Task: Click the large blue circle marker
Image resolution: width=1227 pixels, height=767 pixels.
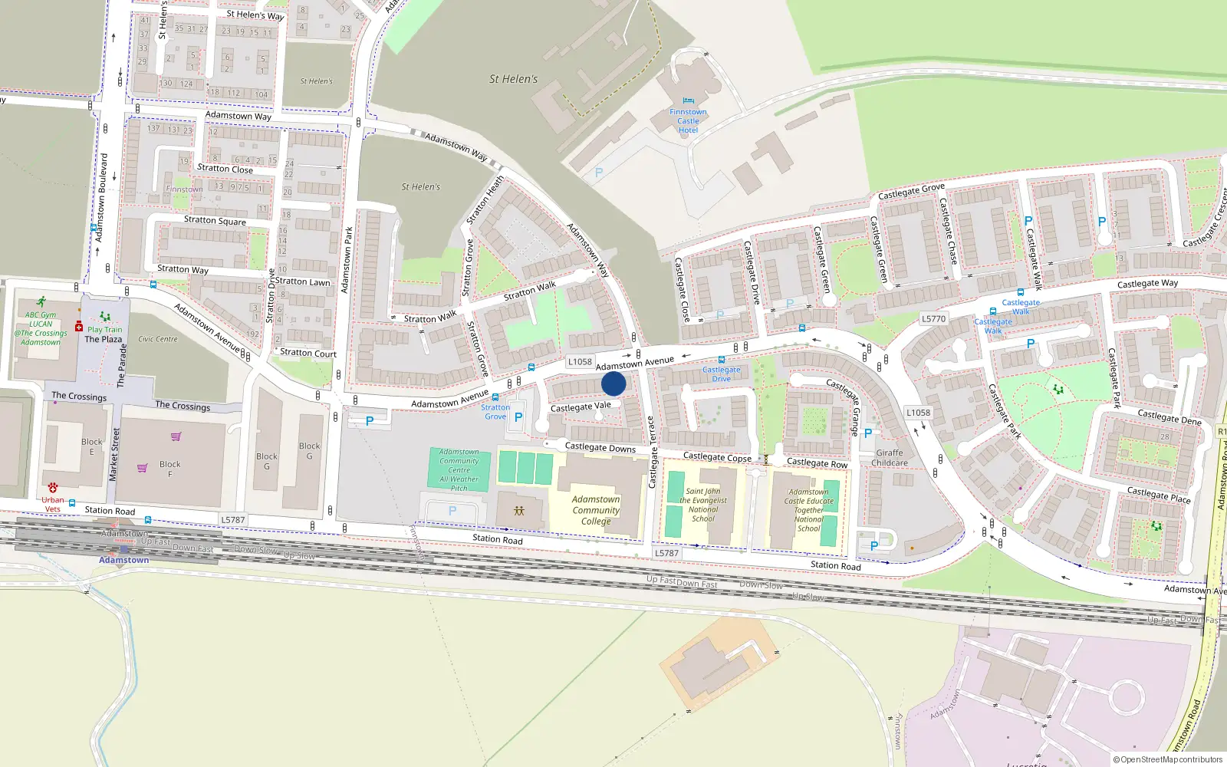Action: pyautogui.click(x=613, y=383)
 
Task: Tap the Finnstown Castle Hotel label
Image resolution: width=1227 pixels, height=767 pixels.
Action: pyautogui.click(x=688, y=121)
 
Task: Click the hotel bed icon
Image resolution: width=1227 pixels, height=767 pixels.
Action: pyautogui.click(x=688, y=101)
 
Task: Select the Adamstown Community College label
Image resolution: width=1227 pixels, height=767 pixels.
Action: pyautogui.click(x=596, y=510)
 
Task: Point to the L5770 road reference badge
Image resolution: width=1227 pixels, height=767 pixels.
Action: pyautogui.click(x=933, y=319)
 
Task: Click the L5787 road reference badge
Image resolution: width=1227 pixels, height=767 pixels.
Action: pyautogui.click(x=233, y=520)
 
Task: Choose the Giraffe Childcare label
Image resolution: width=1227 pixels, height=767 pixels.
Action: pyautogui.click(x=890, y=458)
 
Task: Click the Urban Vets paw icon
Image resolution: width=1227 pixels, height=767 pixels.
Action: pyautogui.click(x=53, y=488)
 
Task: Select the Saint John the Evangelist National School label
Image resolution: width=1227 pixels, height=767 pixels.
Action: pyautogui.click(x=702, y=505)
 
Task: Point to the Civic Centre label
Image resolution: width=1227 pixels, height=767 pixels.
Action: pyautogui.click(x=157, y=339)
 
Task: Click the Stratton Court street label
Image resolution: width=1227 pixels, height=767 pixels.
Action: pyautogui.click(x=308, y=354)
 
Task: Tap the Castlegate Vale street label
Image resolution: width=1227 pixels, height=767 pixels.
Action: pyautogui.click(x=581, y=407)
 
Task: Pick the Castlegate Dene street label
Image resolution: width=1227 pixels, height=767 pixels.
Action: pyautogui.click(x=1169, y=417)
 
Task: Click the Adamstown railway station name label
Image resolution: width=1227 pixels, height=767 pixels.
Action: pyautogui.click(x=123, y=560)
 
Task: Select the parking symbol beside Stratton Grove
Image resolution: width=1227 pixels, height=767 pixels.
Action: pyautogui.click(x=518, y=417)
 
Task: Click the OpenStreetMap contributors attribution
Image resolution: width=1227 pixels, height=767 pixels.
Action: pyautogui.click(x=1168, y=759)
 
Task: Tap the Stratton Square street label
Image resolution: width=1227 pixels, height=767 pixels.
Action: pyautogui.click(x=215, y=221)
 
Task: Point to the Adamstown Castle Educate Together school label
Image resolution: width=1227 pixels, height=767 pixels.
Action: pyautogui.click(x=808, y=510)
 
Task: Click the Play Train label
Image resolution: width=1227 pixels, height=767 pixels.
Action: pyautogui.click(x=104, y=330)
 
